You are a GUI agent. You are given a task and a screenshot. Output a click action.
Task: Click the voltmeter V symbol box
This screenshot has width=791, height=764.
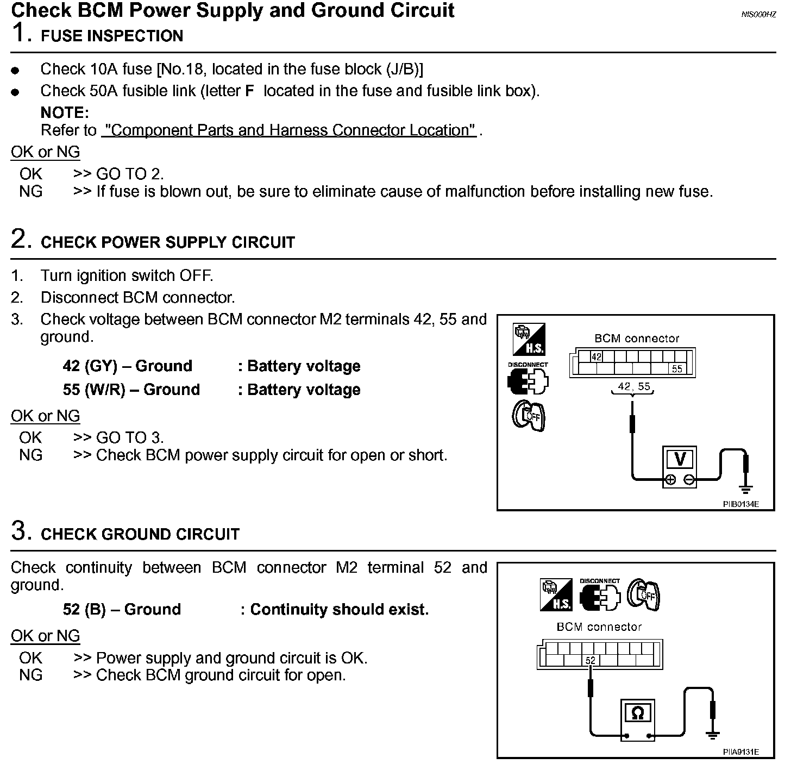pyautogui.click(x=680, y=459)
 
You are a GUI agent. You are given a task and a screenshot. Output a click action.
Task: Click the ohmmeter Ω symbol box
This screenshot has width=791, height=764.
pyautogui.click(x=638, y=712)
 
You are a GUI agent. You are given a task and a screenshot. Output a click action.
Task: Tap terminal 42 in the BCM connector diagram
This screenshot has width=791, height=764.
pyautogui.click(x=597, y=357)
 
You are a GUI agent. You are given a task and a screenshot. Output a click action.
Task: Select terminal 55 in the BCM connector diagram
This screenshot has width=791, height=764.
pyautogui.click(x=676, y=369)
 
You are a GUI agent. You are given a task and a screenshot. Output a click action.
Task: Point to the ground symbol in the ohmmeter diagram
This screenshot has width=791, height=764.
pyautogui.click(x=713, y=735)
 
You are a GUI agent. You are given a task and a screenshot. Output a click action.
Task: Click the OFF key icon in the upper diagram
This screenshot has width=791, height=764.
pyautogui.click(x=529, y=417)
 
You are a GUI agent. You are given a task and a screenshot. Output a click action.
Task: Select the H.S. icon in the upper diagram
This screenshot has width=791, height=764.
pyautogui.click(x=529, y=339)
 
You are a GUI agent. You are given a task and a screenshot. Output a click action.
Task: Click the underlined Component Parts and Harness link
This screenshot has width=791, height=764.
pyautogui.click(x=288, y=130)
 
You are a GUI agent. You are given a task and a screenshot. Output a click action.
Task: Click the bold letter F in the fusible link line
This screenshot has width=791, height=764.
pyautogui.click(x=250, y=91)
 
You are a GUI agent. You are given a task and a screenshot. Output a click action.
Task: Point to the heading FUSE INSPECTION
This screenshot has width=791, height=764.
pyautogui.click(x=112, y=36)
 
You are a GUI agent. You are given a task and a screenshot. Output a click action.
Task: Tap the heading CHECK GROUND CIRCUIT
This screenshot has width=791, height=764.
pyautogui.click(x=140, y=534)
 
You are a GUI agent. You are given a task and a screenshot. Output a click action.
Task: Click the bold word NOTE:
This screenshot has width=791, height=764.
pyautogui.click(x=65, y=113)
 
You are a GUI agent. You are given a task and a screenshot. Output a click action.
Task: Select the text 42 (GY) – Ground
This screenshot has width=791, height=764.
pyautogui.click(x=127, y=366)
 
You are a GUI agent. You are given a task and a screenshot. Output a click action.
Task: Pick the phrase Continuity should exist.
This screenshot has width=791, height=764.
pyautogui.click(x=339, y=610)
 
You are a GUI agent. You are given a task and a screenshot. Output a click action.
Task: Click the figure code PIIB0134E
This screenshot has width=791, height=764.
pyautogui.click(x=740, y=504)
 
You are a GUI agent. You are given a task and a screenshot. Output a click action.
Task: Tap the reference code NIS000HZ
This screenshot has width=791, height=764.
pyautogui.click(x=758, y=15)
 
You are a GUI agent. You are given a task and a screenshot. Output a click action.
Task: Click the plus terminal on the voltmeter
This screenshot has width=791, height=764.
pyautogui.click(x=670, y=479)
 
